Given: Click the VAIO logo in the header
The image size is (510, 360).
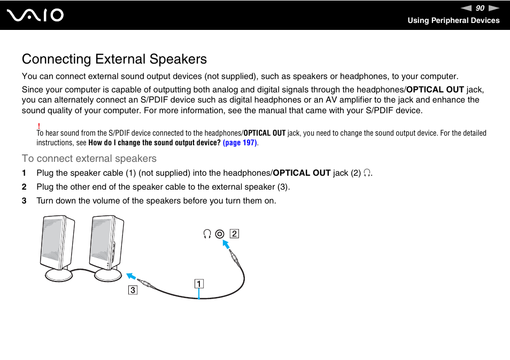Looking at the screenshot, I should point(36,15).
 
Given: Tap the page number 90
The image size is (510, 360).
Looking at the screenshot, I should point(480,8).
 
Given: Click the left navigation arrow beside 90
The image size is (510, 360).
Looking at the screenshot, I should point(467,8).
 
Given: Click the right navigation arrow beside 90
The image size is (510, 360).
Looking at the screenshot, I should point(493,8).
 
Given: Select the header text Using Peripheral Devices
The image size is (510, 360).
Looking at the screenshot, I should point(453,20).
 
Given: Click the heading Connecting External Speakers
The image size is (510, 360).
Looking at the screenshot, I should point(114,59).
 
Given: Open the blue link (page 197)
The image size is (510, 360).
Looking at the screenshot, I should point(239,143).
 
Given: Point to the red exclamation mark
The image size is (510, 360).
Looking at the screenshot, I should point(39,125).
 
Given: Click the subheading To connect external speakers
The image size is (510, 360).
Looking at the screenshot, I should point(89,159).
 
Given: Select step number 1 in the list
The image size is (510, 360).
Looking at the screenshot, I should point(24,173).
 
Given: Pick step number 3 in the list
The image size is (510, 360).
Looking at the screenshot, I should point(24,201).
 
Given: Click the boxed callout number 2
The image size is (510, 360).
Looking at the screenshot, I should point(234,233).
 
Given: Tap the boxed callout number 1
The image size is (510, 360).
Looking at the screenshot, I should point(198,284).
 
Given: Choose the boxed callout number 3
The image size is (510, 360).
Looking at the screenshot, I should point(132,291).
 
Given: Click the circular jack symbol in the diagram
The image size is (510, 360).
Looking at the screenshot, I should point(220,234).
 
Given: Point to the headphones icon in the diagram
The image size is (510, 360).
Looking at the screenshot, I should point(207,234).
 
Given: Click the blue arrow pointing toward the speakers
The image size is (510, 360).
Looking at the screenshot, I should point(130,277).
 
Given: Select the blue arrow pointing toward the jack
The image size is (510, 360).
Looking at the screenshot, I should point(227,245).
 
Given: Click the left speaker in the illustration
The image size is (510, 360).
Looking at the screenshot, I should point(57,243).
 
